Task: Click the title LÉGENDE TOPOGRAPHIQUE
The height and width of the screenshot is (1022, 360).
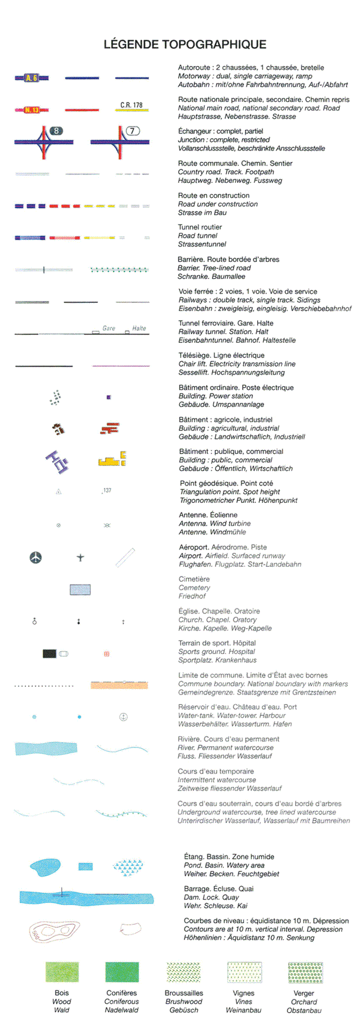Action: (x=185, y=45)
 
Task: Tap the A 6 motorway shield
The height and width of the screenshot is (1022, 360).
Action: (x=31, y=78)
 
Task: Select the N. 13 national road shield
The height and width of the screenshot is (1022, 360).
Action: (x=32, y=110)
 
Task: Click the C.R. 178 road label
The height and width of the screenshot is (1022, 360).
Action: (x=131, y=105)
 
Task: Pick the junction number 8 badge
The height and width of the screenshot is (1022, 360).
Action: (x=56, y=131)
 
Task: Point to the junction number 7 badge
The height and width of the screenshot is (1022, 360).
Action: (x=132, y=131)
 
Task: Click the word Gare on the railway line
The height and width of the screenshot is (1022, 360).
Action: (x=109, y=328)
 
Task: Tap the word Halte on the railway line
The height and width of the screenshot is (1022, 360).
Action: (x=139, y=328)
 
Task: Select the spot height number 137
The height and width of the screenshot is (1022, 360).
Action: (x=107, y=490)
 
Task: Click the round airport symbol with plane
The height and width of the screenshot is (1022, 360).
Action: (x=35, y=558)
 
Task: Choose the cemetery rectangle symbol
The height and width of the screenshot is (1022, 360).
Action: (x=80, y=589)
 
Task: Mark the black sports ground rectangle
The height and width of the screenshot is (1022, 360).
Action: (x=49, y=654)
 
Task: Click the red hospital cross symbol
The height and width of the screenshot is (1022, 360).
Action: (x=106, y=654)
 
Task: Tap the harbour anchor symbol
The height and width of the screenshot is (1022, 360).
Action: (x=124, y=717)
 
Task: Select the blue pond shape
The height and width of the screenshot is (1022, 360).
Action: (x=45, y=866)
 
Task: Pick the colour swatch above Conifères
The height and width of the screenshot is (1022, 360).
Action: (x=122, y=972)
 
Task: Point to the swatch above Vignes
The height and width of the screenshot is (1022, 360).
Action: (x=244, y=972)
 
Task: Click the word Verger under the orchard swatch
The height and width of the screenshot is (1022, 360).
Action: (x=304, y=993)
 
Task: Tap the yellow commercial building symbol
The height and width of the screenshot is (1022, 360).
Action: (x=112, y=460)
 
